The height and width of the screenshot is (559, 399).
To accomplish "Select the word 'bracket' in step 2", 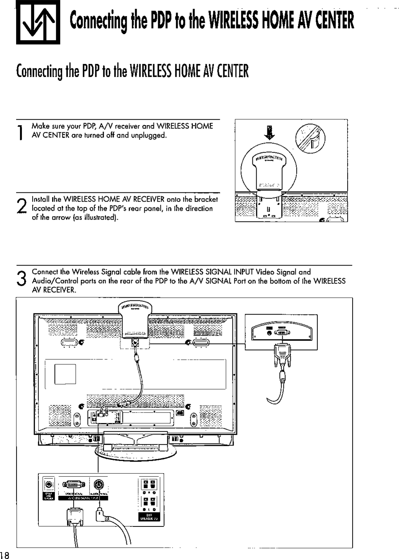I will click(x=206, y=199).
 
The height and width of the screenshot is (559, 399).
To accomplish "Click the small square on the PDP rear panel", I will click(x=65, y=373).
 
